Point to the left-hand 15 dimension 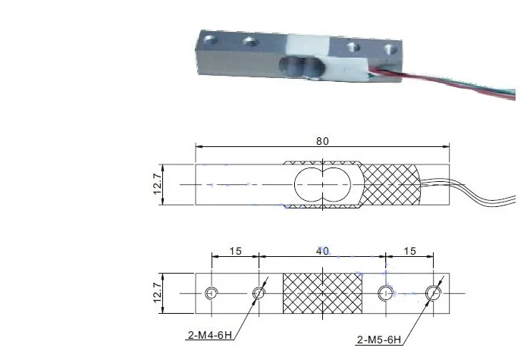click(235, 251)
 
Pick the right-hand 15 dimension click(410, 251)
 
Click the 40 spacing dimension click(322, 251)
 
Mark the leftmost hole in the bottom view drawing click(212, 293)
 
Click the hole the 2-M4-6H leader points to click(259, 293)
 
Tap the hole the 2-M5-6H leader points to click(434, 293)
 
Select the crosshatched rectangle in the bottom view click(322, 293)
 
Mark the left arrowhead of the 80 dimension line click(199, 148)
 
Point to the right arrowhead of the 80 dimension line click(447, 148)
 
